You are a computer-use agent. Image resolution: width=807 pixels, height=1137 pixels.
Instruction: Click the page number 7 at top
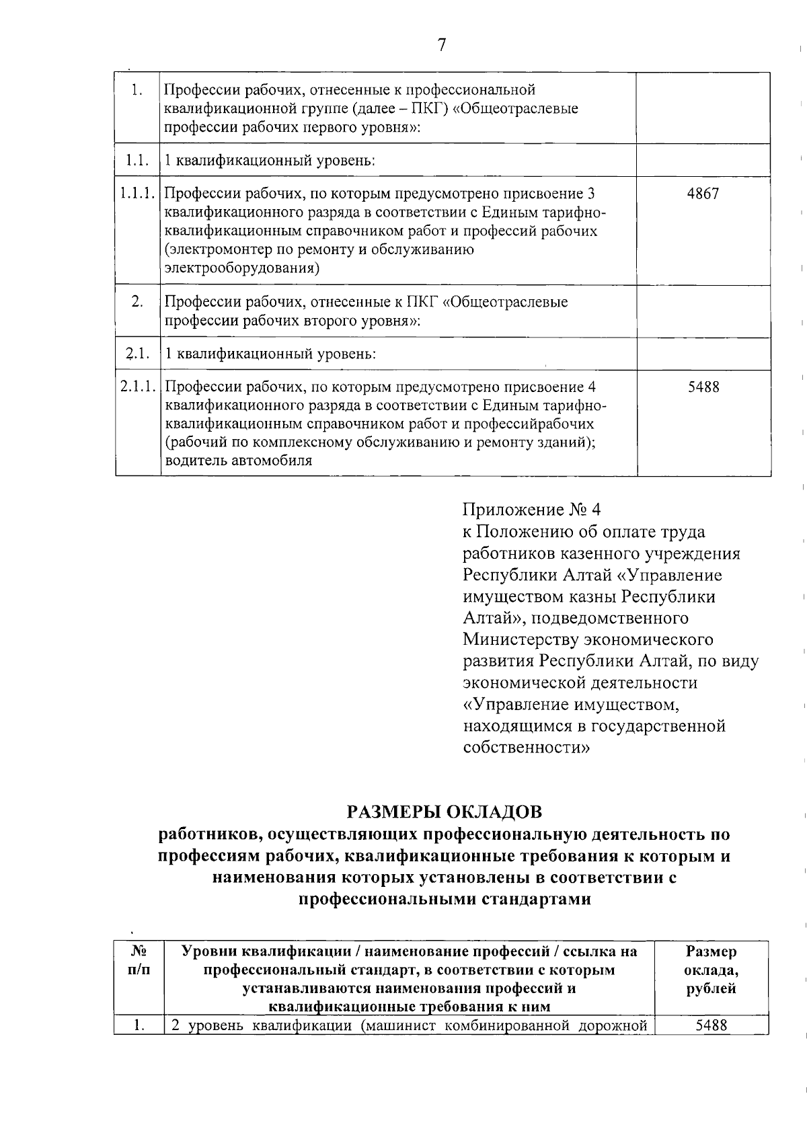(x=441, y=45)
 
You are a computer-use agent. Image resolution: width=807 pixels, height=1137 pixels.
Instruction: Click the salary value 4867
(x=703, y=194)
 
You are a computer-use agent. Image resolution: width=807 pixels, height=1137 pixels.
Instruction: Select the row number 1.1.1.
(x=138, y=194)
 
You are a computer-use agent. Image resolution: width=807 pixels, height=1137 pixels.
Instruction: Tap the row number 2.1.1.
(x=138, y=387)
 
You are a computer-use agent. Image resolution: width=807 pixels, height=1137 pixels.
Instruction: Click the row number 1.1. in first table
(x=137, y=161)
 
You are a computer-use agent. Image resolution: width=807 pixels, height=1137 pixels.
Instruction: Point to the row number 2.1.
(x=137, y=354)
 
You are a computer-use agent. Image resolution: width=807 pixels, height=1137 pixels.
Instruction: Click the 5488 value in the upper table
(x=703, y=387)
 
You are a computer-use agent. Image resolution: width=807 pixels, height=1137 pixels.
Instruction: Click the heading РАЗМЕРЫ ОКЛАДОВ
(x=444, y=812)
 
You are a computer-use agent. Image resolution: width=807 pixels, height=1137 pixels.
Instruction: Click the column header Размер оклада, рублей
(x=712, y=970)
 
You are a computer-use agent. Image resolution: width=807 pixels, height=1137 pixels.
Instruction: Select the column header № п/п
(x=139, y=961)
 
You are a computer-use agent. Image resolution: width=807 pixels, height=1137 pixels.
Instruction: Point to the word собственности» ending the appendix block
(x=527, y=748)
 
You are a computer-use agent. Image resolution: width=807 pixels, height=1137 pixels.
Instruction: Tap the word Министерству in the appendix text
(x=521, y=639)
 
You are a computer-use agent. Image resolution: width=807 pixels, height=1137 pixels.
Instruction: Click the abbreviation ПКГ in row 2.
(x=423, y=302)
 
